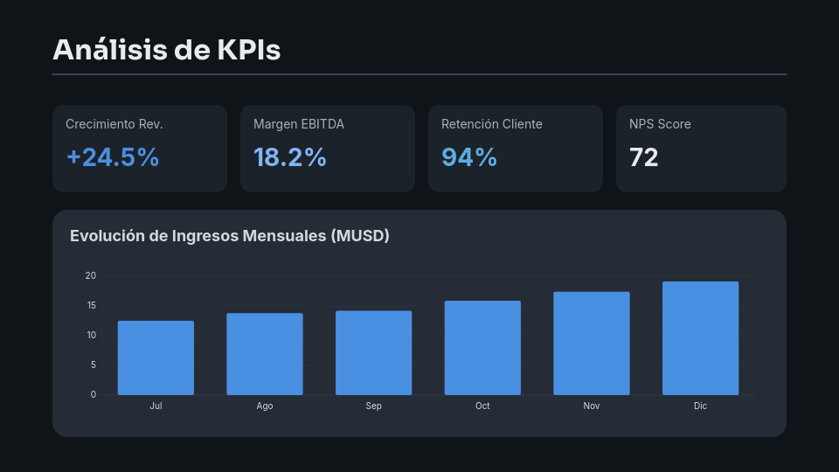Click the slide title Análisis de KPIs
coord(166,50)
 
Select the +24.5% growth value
coord(113,157)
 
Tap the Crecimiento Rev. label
coord(114,124)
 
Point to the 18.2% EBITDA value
coord(289,157)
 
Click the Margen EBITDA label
coord(299,124)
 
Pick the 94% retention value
coord(469,157)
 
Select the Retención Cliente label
coord(491,124)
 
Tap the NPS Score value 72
coord(643,157)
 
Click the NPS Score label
coord(660,124)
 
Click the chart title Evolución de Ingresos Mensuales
coord(229,236)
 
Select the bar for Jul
coord(156,358)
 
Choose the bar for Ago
coord(265,354)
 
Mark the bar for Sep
coord(373,353)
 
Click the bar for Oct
coord(482,348)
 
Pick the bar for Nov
coord(592,344)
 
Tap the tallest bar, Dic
coord(700,338)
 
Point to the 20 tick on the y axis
coord(91,276)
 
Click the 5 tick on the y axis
coord(93,365)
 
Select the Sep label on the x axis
coord(373,406)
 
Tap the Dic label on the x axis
coord(700,406)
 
